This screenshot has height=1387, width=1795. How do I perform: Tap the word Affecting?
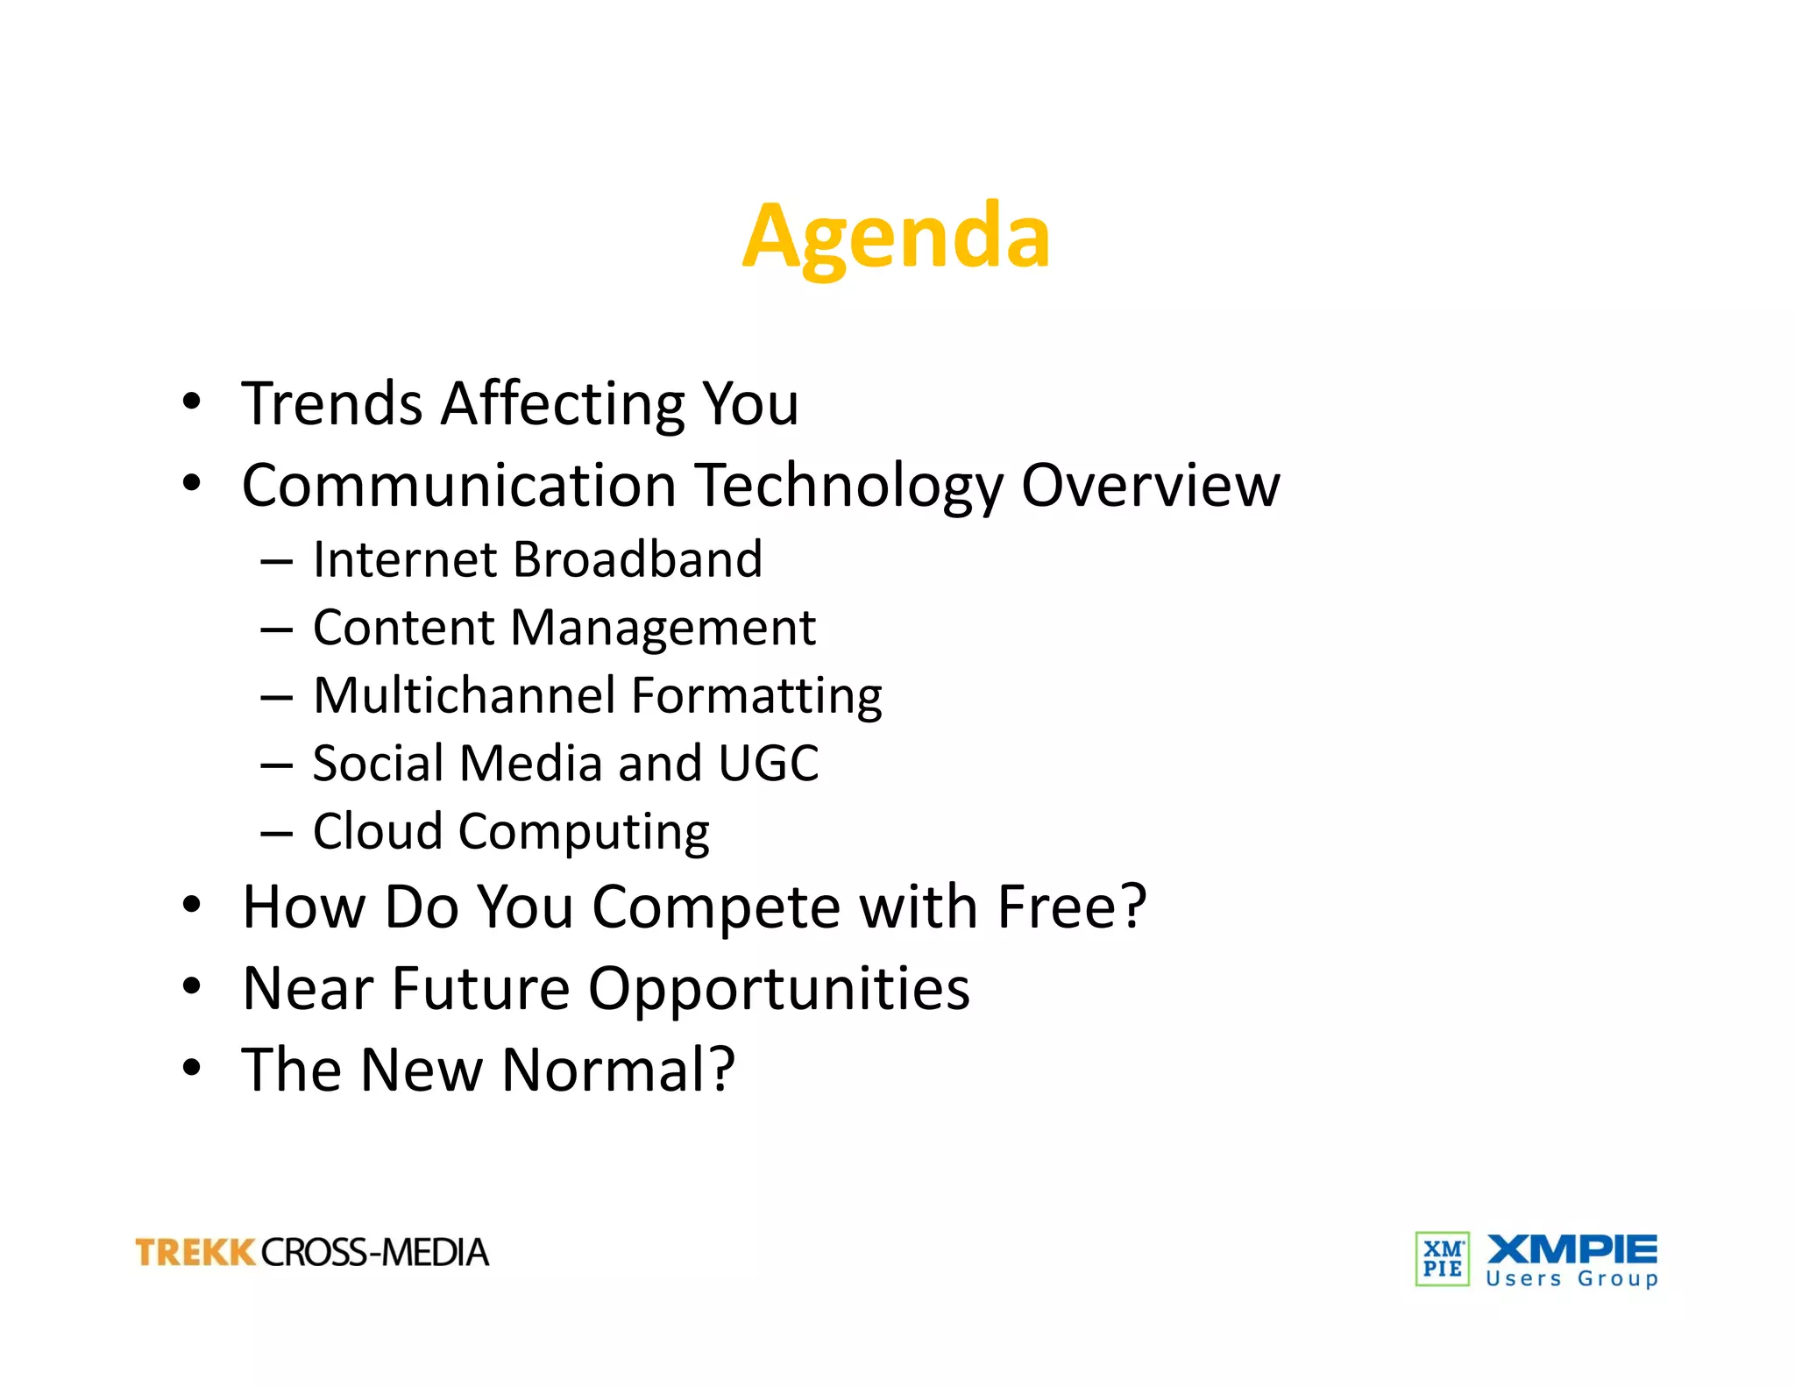[563, 405]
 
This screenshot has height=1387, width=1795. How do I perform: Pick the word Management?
[663, 628]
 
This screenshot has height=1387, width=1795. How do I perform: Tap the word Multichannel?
[465, 695]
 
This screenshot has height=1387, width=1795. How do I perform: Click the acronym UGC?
[768, 763]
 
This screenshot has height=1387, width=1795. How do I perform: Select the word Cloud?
[378, 831]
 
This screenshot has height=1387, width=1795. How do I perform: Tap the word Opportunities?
[778, 989]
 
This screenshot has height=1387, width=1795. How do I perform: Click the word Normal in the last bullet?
[618, 1070]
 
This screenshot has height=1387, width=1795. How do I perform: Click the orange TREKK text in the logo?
[195, 1252]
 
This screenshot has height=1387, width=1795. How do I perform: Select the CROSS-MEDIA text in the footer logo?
[374, 1252]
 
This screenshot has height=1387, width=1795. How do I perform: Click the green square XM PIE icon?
[1442, 1259]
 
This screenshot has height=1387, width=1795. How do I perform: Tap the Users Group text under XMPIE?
[1572, 1278]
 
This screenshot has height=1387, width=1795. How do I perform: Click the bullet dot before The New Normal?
[192, 1068]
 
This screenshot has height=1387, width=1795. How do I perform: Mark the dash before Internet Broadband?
[276, 562]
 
